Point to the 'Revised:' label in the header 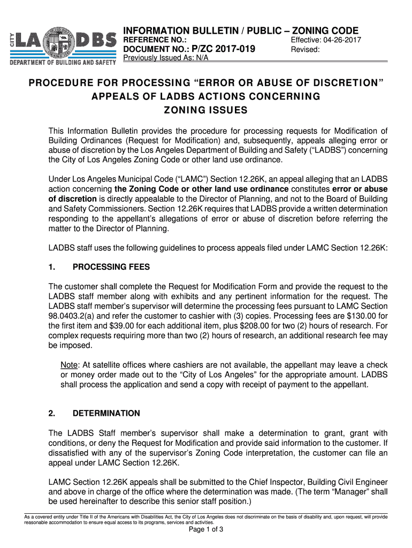pos(305,50)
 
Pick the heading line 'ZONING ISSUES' pos(205,110)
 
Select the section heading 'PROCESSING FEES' pos(111,267)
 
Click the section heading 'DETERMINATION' pos(106,413)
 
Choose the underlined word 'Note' pos(69,364)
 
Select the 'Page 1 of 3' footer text pos(206,530)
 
